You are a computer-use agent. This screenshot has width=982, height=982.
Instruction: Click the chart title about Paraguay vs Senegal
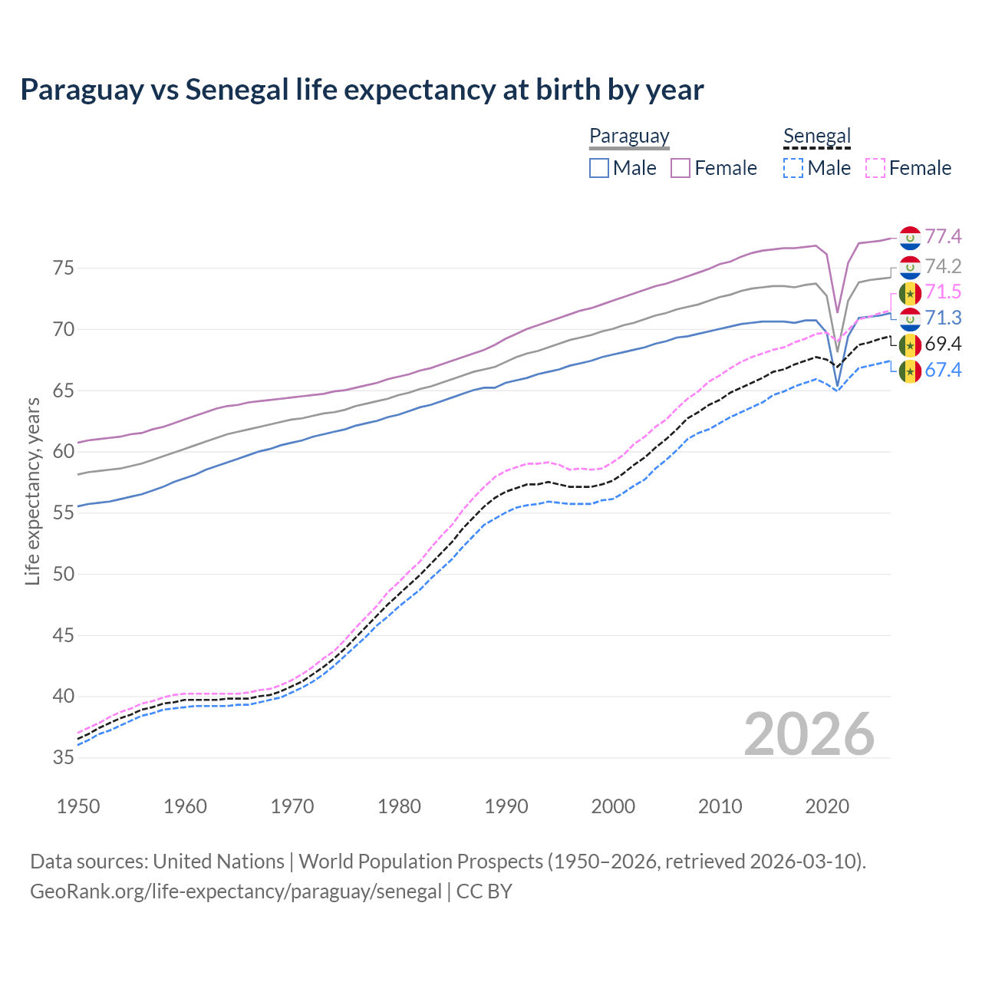coord(361,90)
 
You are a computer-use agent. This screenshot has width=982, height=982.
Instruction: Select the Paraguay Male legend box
coord(599,168)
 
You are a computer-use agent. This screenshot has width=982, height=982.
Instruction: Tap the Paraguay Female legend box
coord(680,168)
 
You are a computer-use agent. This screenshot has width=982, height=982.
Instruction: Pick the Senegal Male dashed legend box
coord(793,168)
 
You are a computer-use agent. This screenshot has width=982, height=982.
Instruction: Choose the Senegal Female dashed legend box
coord(875,168)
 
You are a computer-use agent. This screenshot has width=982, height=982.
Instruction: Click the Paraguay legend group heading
coord(629,137)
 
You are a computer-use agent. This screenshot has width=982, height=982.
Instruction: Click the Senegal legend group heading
coord(817,137)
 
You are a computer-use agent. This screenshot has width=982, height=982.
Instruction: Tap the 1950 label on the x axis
coord(78,806)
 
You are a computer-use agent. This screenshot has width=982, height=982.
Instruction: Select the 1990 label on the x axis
coord(506,806)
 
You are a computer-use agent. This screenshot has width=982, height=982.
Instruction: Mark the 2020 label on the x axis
coord(827,806)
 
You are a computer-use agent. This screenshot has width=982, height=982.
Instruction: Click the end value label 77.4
coord(943,237)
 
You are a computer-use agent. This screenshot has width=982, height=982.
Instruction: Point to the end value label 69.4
coord(943,344)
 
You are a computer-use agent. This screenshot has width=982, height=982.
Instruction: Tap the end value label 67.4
coord(943,371)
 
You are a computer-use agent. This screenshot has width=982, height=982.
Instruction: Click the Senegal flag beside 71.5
coord(910,292)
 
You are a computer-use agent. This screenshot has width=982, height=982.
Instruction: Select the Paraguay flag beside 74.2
coord(910,267)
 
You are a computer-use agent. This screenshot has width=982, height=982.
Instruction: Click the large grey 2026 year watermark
coord(809,734)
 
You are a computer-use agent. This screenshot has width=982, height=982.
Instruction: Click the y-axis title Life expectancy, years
coord(33,491)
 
